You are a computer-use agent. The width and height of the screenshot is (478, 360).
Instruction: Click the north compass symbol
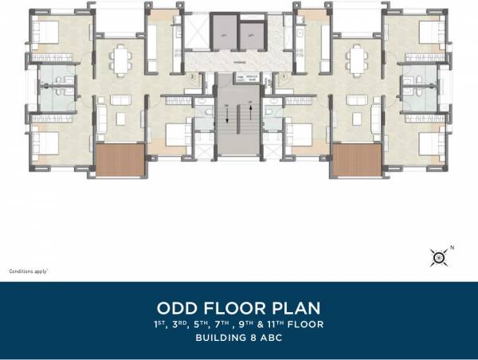(x=437, y=256)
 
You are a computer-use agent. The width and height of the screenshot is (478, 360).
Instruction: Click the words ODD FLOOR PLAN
(x=239, y=307)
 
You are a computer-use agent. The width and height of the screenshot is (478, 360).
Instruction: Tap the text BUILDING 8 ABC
(x=239, y=338)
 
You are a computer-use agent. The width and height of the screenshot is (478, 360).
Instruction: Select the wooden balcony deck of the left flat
(x=119, y=161)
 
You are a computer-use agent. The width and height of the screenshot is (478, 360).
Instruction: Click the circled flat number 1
(x=284, y=76)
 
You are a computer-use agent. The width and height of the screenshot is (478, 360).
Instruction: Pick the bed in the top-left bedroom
(x=46, y=32)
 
